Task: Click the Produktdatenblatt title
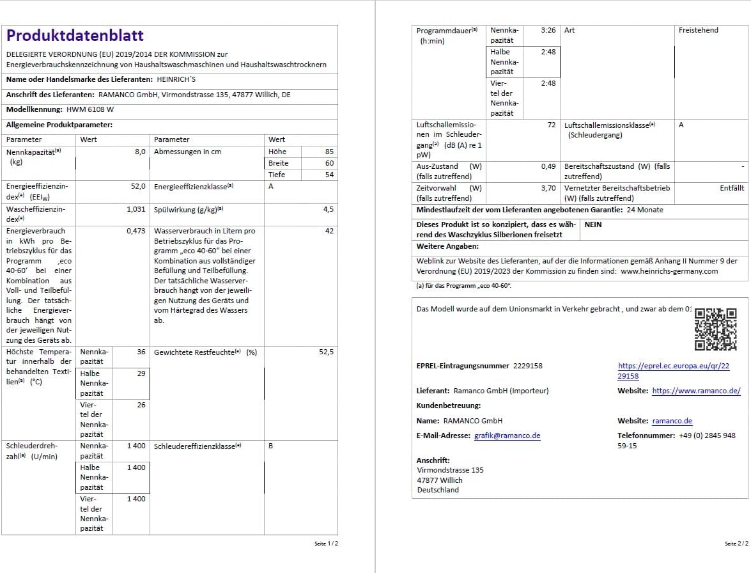75,36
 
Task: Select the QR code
715,329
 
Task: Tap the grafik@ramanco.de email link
507,436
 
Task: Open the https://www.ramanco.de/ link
696,391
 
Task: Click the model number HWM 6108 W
90,109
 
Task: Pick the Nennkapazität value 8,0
140,152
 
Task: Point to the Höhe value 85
329,152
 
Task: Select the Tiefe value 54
329,175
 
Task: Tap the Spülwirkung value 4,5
329,209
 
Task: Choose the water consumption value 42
329,231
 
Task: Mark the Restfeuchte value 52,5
326,352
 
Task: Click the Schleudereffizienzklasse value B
271,446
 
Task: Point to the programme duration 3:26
548,30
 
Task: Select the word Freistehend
699,30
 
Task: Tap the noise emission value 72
552,125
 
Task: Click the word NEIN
593,224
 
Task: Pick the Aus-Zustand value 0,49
548,166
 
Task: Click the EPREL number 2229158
527,366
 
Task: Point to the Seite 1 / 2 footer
326,544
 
